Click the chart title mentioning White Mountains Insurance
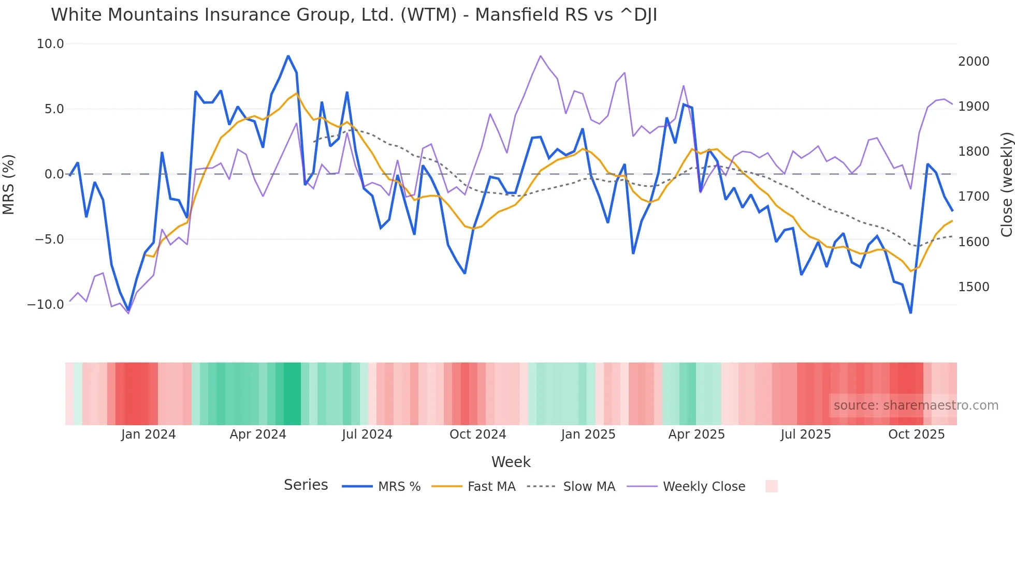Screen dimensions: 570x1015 coord(354,15)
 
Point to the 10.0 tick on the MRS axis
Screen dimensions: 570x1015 coord(50,44)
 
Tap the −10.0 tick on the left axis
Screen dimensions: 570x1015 coord(46,305)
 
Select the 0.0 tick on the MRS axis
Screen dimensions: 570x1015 coord(54,174)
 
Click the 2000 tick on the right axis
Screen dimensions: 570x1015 coord(974,62)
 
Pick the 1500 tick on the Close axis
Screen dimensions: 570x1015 coord(974,287)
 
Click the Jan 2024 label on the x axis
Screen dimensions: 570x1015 coord(148,434)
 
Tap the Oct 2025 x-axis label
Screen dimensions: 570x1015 coord(916,434)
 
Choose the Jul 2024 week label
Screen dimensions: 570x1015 coord(367,434)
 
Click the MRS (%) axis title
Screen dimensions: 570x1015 coord(9,184)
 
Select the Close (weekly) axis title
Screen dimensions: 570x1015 coord(1006,184)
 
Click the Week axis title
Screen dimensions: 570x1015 coord(511,462)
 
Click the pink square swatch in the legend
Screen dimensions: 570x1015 coord(771,486)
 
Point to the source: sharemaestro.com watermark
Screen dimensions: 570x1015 coord(916,406)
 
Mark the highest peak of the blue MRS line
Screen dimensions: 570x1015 coord(288,56)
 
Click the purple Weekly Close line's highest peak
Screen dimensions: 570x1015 coord(540,56)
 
